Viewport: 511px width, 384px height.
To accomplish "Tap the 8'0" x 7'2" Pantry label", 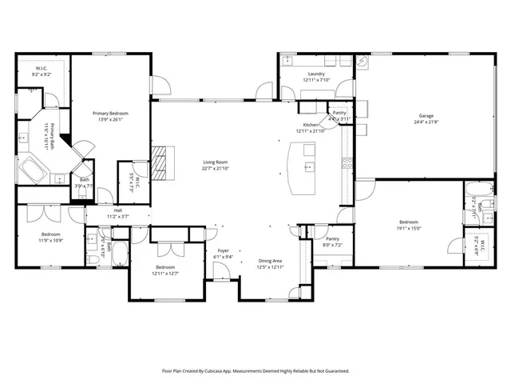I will coord(332,242).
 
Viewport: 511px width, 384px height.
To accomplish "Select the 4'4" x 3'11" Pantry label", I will coord(340,116).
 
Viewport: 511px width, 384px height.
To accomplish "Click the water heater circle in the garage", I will coord(364,61).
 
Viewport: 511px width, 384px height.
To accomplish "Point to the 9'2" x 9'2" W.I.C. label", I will coord(42,70).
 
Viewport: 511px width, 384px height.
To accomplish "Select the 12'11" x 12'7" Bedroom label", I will coord(165,270).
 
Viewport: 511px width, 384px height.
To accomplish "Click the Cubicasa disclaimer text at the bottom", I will coord(255,371).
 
